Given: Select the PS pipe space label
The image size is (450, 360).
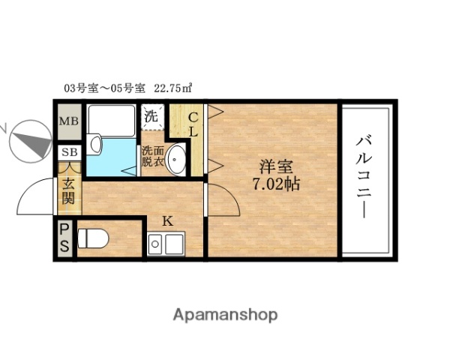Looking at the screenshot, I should pos(64,238).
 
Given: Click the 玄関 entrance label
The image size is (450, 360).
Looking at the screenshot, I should pos(68,190).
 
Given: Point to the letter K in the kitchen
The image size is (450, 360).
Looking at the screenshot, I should pos(168,220).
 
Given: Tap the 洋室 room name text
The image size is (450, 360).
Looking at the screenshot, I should pos(275,166).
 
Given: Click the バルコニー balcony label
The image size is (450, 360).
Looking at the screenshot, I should pos(365,177).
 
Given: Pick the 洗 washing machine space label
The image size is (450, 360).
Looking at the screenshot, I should pos(151,117).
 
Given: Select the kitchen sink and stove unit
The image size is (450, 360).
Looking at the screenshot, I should pos(167,244).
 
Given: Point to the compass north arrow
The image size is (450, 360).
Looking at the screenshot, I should pos(28,140).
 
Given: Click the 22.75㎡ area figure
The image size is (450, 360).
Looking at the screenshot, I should pos(172,88).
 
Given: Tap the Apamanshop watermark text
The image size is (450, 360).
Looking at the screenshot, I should pos(225,315).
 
